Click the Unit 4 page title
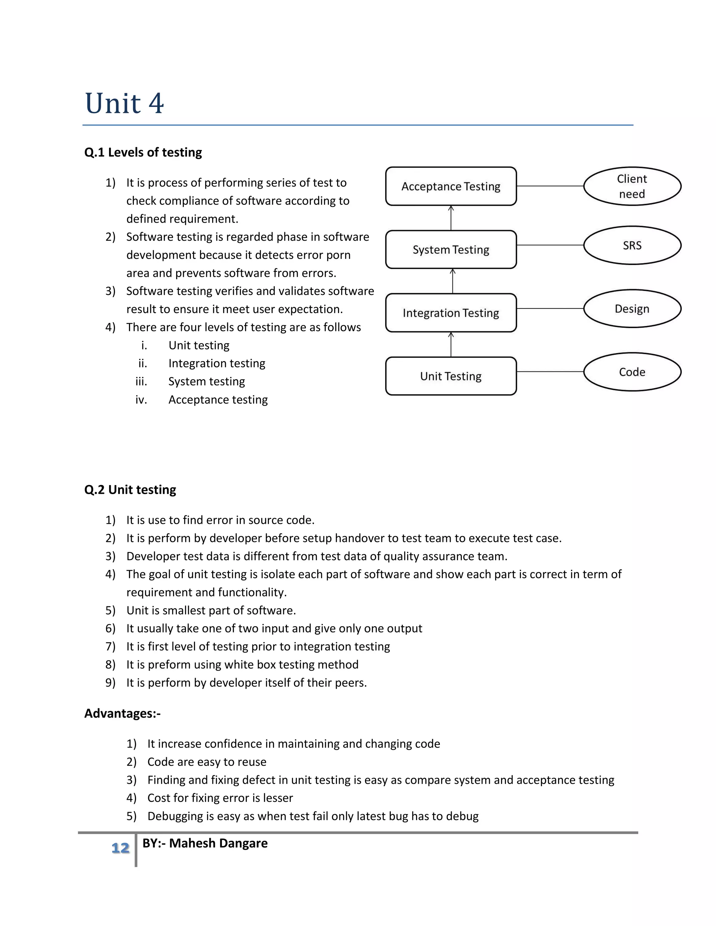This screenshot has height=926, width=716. click(x=124, y=103)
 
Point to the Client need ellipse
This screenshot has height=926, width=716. click(x=632, y=186)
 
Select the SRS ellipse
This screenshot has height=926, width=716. click(x=632, y=245)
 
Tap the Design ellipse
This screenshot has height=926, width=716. click(x=632, y=309)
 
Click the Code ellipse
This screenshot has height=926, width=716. click(x=632, y=372)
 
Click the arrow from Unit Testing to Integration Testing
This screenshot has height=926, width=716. click(x=451, y=344)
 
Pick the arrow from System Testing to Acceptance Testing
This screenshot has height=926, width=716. click(x=451, y=218)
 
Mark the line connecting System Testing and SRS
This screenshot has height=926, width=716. click(x=550, y=245)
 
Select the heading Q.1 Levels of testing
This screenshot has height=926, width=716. click(x=143, y=152)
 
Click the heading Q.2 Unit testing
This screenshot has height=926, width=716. click(x=130, y=490)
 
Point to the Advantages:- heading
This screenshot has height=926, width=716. click(x=122, y=713)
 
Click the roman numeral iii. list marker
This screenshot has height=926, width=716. click(x=141, y=382)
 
